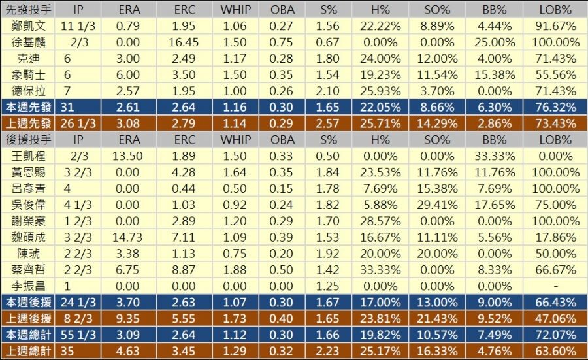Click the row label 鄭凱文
click(29, 26)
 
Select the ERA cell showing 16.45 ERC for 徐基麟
click(185, 42)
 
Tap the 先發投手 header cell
click(29, 10)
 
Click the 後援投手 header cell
click(29, 139)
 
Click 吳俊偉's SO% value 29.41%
click(437, 204)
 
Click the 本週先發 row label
click(29, 107)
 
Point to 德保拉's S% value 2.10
click(332, 91)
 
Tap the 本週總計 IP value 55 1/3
click(78, 334)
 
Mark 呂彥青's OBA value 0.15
click(282, 188)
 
